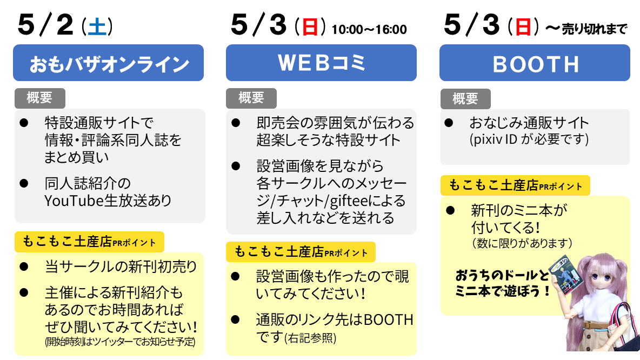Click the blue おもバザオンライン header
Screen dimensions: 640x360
pyautogui.click(x=108, y=63)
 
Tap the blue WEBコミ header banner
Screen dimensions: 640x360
pyautogui.click(x=321, y=63)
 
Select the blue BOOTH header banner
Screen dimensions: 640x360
pyautogui.click(x=535, y=63)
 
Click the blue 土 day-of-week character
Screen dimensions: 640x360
pyautogui.click(x=97, y=27)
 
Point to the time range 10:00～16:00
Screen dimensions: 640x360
pyautogui.click(x=369, y=29)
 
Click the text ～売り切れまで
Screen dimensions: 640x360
pyautogui.click(x=586, y=29)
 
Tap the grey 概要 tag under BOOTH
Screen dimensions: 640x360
pyautogui.click(x=465, y=99)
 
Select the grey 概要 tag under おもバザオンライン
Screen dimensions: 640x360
pyautogui.click(x=39, y=98)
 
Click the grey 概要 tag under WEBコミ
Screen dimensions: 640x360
pyautogui.click(x=251, y=98)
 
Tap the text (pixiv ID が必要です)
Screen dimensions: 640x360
pyautogui.click(x=529, y=139)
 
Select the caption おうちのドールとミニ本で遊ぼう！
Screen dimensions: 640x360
pyautogui.click(x=503, y=283)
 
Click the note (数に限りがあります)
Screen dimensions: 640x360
pyautogui.click(x=522, y=243)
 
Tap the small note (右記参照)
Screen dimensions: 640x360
pyautogui.click(x=310, y=338)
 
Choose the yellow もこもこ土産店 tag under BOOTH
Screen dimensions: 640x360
pyautogui.click(x=515, y=186)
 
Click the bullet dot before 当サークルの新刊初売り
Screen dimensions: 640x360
pyautogui.click(x=24, y=267)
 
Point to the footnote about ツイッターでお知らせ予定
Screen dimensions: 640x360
pyautogui.click(x=120, y=341)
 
